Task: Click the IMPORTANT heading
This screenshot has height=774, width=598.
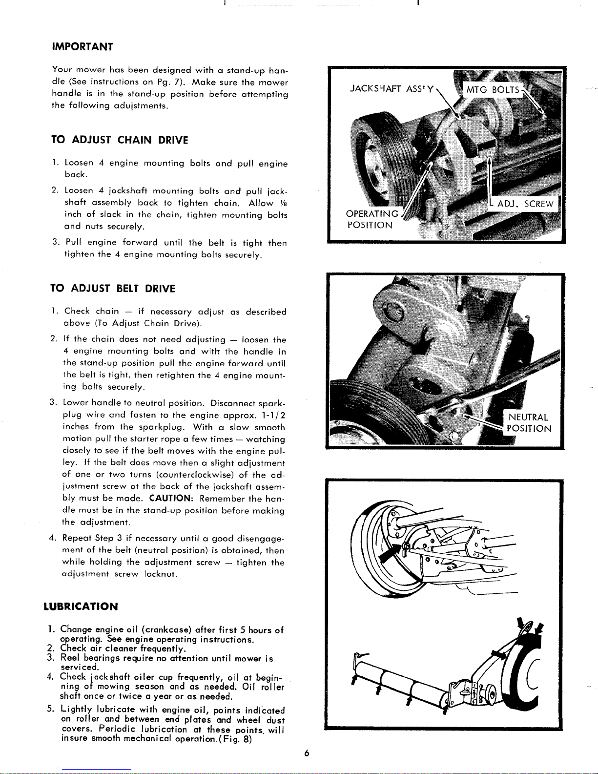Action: [x=82, y=47]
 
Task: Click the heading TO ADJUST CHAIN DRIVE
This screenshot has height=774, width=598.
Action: [x=120, y=140]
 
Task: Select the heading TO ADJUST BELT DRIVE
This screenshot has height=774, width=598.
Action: [x=113, y=289]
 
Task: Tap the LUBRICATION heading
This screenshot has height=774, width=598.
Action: [x=81, y=607]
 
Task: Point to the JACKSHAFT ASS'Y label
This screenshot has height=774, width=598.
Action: [x=392, y=89]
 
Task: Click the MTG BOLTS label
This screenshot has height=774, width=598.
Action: [x=493, y=90]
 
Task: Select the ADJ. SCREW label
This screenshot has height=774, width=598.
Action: [x=525, y=204]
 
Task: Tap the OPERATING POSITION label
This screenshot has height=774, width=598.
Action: [x=372, y=219]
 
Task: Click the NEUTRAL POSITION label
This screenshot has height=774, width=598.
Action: [x=529, y=423]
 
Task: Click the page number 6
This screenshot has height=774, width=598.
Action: [x=307, y=753]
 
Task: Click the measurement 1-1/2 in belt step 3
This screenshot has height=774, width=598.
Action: [x=273, y=415]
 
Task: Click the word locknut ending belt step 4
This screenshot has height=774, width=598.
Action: [x=161, y=574]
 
